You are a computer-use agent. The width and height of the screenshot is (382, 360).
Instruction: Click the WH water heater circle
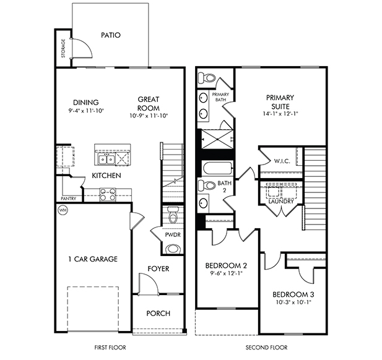click(62, 210)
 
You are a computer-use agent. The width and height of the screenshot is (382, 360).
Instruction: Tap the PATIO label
click(110, 35)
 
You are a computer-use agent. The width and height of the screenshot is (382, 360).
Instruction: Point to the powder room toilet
click(173, 216)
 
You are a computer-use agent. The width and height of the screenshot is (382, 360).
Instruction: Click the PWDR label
click(173, 234)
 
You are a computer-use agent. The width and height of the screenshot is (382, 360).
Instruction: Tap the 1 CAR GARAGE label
click(92, 259)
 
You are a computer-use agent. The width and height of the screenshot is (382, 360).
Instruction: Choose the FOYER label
click(158, 268)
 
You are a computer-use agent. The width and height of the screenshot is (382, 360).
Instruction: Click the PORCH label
click(158, 313)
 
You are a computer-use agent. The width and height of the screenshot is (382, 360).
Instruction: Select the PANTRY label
click(68, 199)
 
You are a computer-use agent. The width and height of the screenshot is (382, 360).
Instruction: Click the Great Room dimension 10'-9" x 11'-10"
click(149, 116)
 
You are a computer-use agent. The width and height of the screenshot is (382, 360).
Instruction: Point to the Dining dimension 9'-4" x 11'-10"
click(86, 111)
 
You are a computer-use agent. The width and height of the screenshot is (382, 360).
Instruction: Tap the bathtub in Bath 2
click(216, 168)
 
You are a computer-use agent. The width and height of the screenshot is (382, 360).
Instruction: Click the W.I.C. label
click(281, 161)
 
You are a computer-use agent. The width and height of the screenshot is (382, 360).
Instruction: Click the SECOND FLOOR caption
click(266, 348)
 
